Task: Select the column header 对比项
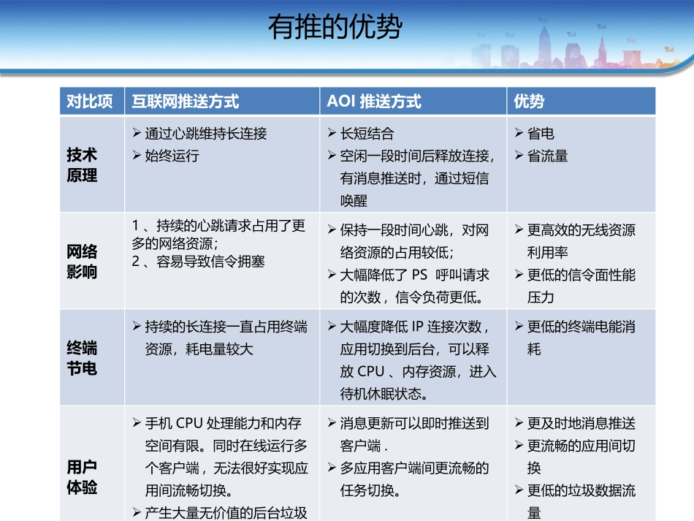[90, 102]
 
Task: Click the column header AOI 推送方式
[374, 102]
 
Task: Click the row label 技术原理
[83, 165]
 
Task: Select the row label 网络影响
[83, 262]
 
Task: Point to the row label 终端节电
[83, 358]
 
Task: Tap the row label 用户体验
[83, 477]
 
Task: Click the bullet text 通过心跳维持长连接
[205, 134]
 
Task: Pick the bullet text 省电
[541, 134]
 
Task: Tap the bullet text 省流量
[547, 156]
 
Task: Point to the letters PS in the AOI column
[419, 275]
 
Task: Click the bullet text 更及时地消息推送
[581, 423]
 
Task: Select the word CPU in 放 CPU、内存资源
[371, 372]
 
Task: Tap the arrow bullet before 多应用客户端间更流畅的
[331, 468]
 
